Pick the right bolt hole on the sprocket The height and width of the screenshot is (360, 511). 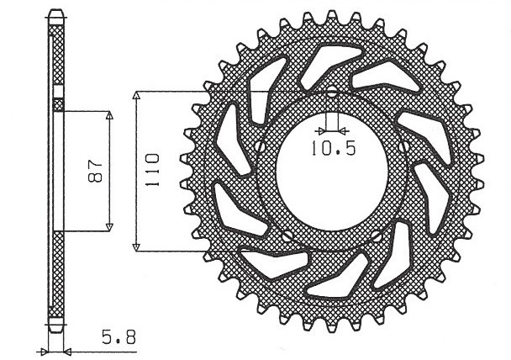tap(403, 146)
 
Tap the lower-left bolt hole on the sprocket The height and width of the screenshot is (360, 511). tap(288, 235)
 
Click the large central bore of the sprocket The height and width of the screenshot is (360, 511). tap(332, 168)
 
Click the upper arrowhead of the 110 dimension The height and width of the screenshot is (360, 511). tap(136, 94)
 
